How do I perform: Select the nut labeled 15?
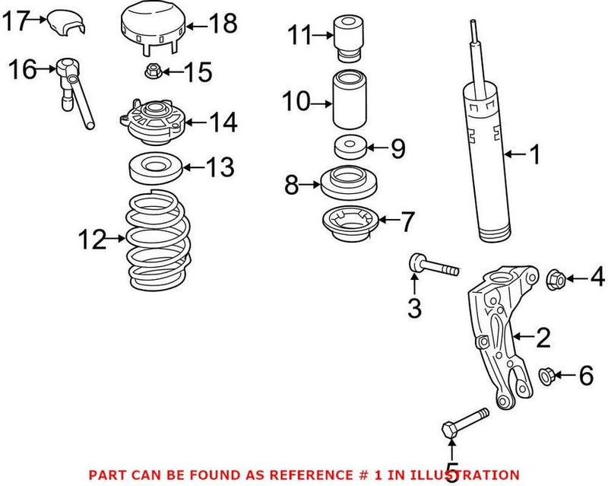[x=150, y=73]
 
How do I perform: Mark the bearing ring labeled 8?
[x=346, y=183]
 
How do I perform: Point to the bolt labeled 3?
[x=432, y=266]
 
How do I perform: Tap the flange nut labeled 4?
[x=555, y=279]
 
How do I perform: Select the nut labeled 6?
[x=545, y=374]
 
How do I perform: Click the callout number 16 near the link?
[x=22, y=71]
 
